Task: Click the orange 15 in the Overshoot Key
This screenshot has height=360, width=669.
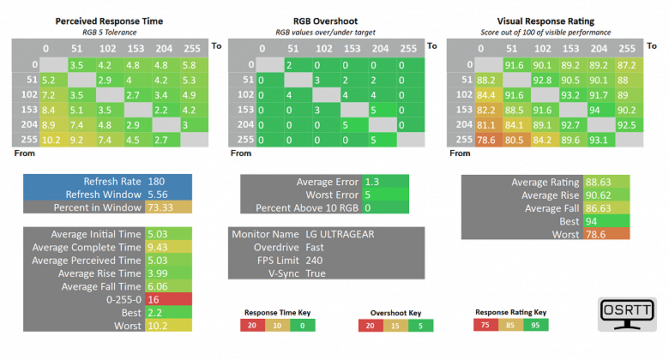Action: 395,326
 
